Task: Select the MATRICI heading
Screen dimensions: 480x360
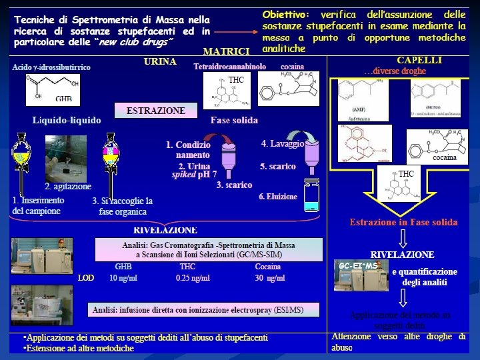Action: tap(226, 51)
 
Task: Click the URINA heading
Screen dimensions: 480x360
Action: tap(160, 61)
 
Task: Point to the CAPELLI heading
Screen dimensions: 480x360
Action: tap(419, 60)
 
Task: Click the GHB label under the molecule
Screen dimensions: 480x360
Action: tap(64, 99)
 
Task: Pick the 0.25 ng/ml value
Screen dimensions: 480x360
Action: tap(192, 278)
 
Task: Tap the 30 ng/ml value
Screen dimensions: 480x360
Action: tap(269, 278)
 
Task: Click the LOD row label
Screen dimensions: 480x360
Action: tap(86, 278)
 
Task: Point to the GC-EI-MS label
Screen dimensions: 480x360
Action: tap(358, 266)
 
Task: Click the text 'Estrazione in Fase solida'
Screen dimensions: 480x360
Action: tap(403, 222)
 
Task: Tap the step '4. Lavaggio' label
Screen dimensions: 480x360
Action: tap(283, 144)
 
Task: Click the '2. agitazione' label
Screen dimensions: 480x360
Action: tap(68, 187)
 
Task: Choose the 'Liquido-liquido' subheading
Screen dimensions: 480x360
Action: tap(67, 121)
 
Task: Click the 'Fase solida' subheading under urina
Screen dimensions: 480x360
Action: tap(234, 121)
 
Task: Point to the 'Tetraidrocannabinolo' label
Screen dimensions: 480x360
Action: tap(229, 67)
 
